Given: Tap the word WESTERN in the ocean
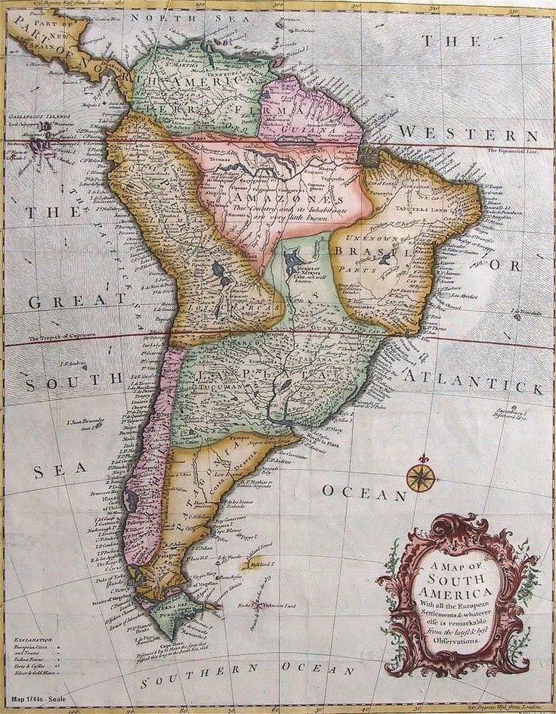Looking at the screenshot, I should [x=468, y=134].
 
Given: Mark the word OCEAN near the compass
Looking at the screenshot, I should [x=366, y=492].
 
